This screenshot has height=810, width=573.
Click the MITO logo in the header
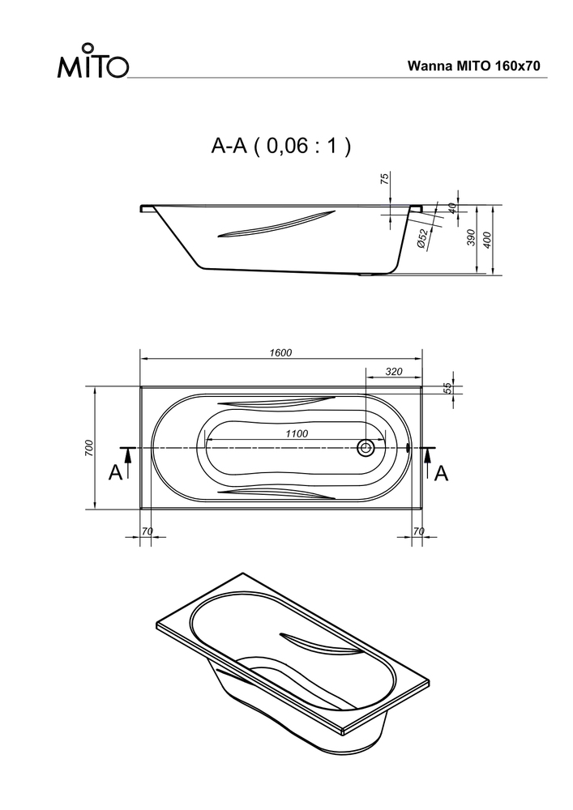coord(92,61)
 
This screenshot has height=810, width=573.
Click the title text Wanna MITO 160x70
coord(474,66)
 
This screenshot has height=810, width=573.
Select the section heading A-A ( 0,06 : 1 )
coord(280,146)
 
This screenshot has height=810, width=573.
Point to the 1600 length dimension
coord(280,353)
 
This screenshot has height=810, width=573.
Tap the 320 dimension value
coord(394,372)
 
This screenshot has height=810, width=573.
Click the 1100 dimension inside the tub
coord(297,434)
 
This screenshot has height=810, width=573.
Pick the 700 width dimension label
coord(89,447)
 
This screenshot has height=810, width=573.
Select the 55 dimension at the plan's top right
coord(448,388)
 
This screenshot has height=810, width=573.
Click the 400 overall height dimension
coord(487,240)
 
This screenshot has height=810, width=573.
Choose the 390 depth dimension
coord(471,237)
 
